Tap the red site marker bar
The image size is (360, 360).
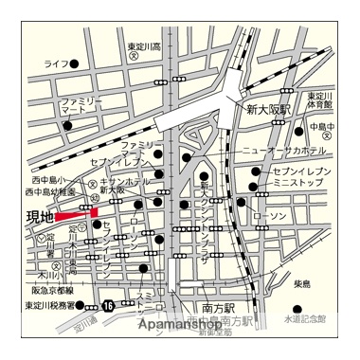tap(76, 216)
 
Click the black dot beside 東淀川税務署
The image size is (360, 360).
tap(83, 305)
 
